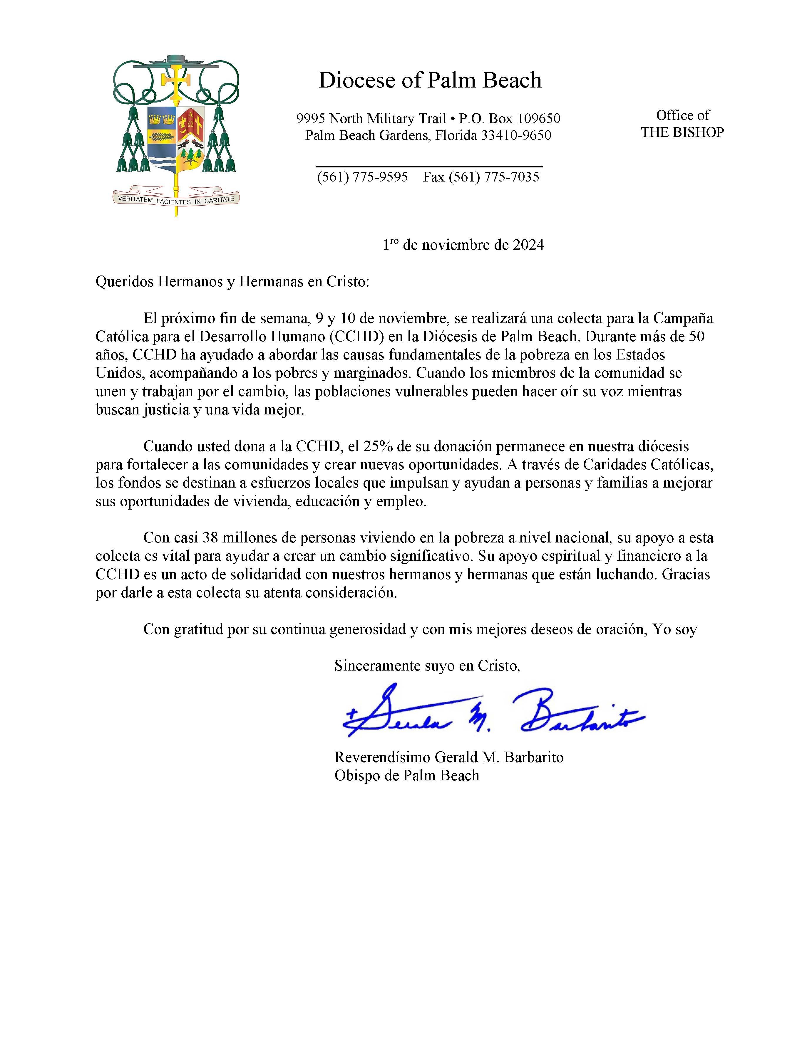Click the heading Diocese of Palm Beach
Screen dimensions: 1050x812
click(x=430, y=80)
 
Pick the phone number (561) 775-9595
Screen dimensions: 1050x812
click(x=362, y=177)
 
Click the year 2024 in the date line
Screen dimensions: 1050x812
click(x=528, y=245)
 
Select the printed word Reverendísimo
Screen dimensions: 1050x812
click(x=382, y=757)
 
